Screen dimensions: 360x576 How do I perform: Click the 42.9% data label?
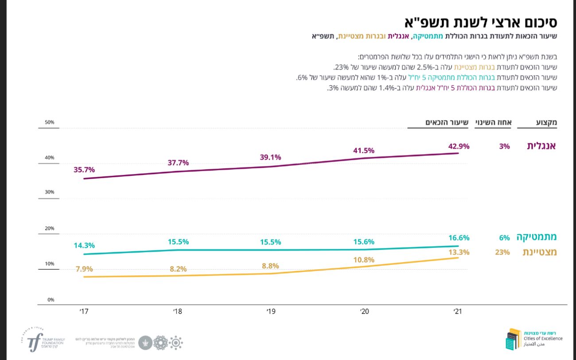pyautogui.click(x=459, y=146)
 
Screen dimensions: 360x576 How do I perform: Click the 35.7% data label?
pyautogui.click(x=84, y=170)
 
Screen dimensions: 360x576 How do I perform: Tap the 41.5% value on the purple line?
pyautogui.click(x=364, y=151)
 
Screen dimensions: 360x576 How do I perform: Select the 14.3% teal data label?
pyautogui.click(x=84, y=245)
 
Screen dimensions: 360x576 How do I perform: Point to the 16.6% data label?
pyautogui.click(x=459, y=238)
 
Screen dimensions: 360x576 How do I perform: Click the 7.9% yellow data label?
pyautogui.click(x=84, y=268)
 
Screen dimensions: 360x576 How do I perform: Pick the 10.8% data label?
pyautogui.click(x=364, y=260)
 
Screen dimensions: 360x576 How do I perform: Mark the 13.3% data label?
pyautogui.click(x=459, y=252)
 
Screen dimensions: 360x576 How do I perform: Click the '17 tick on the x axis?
pyautogui.click(x=84, y=312)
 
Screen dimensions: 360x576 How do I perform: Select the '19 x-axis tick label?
pyautogui.click(x=271, y=312)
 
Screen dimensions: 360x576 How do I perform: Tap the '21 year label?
pyautogui.click(x=458, y=312)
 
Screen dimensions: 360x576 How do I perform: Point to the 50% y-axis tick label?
pyautogui.click(x=49, y=122)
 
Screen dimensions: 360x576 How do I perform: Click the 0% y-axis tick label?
pyautogui.click(x=51, y=300)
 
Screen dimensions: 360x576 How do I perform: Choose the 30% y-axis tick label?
pyautogui.click(x=49, y=192)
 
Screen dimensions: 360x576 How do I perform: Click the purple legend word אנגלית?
pyautogui.click(x=541, y=146)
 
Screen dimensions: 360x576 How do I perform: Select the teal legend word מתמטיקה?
pyautogui.click(x=536, y=237)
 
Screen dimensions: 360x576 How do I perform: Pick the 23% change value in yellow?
pyautogui.click(x=502, y=252)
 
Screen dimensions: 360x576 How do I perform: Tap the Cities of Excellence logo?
pyautogui.click(x=533, y=339)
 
